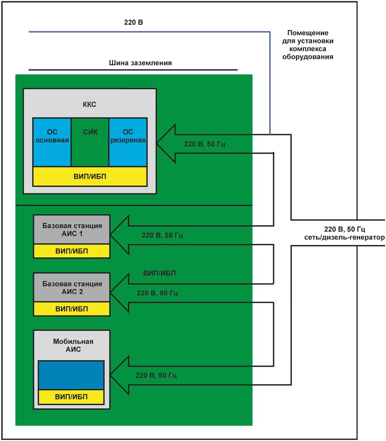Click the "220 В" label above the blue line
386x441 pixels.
coord(133,22)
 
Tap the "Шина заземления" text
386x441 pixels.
coord(140,63)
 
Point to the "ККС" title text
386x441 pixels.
coord(89,105)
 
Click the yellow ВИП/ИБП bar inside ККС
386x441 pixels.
coord(90,176)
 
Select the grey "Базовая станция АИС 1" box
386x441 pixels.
coord(72,229)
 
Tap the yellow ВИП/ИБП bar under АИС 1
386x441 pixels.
coord(72,251)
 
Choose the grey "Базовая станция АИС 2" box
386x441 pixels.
coord(72,287)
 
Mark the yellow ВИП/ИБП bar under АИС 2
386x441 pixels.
coord(72,309)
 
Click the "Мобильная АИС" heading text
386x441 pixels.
coord(73,345)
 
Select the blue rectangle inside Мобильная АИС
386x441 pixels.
coord(71,375)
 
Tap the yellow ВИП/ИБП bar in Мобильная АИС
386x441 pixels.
coord(71,397)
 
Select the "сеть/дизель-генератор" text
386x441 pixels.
coord(344,237)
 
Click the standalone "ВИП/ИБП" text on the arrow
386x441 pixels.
coord(160,273)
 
